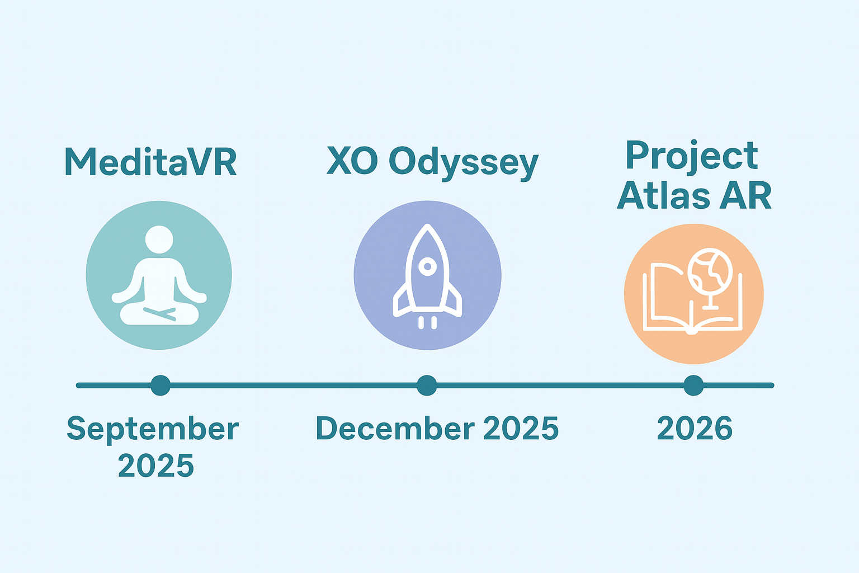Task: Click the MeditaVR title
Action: [150, 162]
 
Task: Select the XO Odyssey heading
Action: [432, 163]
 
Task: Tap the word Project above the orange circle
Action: [692, 156]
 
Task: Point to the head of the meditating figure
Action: [159, 239]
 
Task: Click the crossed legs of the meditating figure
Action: [159, 313]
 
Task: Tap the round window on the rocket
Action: [428, 266]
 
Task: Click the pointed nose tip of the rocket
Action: [428, 226]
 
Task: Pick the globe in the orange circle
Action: [710, 271]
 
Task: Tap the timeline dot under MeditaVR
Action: [161, 386]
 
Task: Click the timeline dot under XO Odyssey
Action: [427, 386]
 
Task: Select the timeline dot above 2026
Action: [693, 386]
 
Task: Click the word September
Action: [153, 429]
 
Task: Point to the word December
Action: [395, 428]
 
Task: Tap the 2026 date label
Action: [695, 428]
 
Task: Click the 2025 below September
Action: [155, 466]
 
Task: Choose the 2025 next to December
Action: [521, 428]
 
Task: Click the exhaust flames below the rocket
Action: [428, 323]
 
